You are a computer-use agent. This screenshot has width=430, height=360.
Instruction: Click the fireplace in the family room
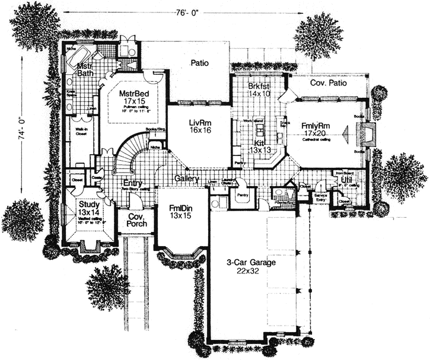pyautogui.click(x=367, y=135)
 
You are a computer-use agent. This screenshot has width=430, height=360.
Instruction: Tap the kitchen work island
pyautogui.click(x=259, y=129)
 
